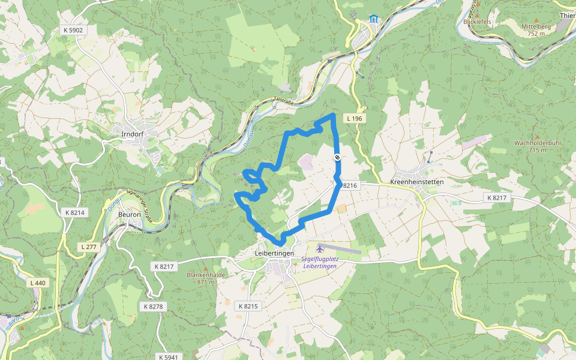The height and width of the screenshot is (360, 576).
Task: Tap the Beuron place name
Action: [130, 214]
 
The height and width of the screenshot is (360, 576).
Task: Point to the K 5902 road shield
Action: [73, 29]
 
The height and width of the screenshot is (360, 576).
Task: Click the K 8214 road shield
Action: [76, 212]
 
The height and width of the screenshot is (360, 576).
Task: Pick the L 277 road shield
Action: [88, 247]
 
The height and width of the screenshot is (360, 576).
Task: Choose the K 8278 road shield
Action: [153, 306]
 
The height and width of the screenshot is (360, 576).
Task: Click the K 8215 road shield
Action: [248, 306]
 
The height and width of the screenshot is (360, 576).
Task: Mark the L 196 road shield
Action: [355, 119]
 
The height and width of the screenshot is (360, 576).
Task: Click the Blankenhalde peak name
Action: [205, 275]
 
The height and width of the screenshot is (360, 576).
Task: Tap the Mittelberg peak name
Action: [536, 27]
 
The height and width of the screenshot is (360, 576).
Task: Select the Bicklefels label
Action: [478, 22]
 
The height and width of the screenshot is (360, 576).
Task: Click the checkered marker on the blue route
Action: [338, 158]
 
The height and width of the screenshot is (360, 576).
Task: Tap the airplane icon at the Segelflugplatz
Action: [320, 248]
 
